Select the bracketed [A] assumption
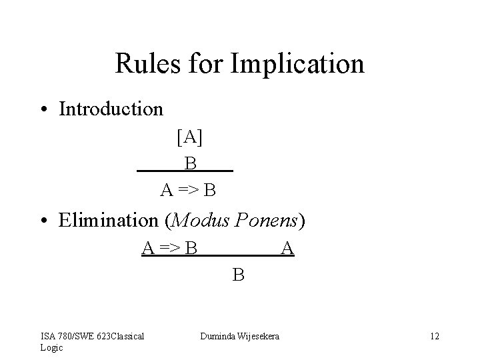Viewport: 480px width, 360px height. tap(190, 137)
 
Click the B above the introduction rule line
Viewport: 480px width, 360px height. tap(191, 163)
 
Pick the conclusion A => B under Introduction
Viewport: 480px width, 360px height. tap(188, 191)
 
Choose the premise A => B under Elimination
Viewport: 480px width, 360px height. tap(169, 249)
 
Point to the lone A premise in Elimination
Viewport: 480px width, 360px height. tap(287, 249)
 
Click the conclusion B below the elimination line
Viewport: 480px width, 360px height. tap(238, 273)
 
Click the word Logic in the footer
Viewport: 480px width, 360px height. tap(51, 347)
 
